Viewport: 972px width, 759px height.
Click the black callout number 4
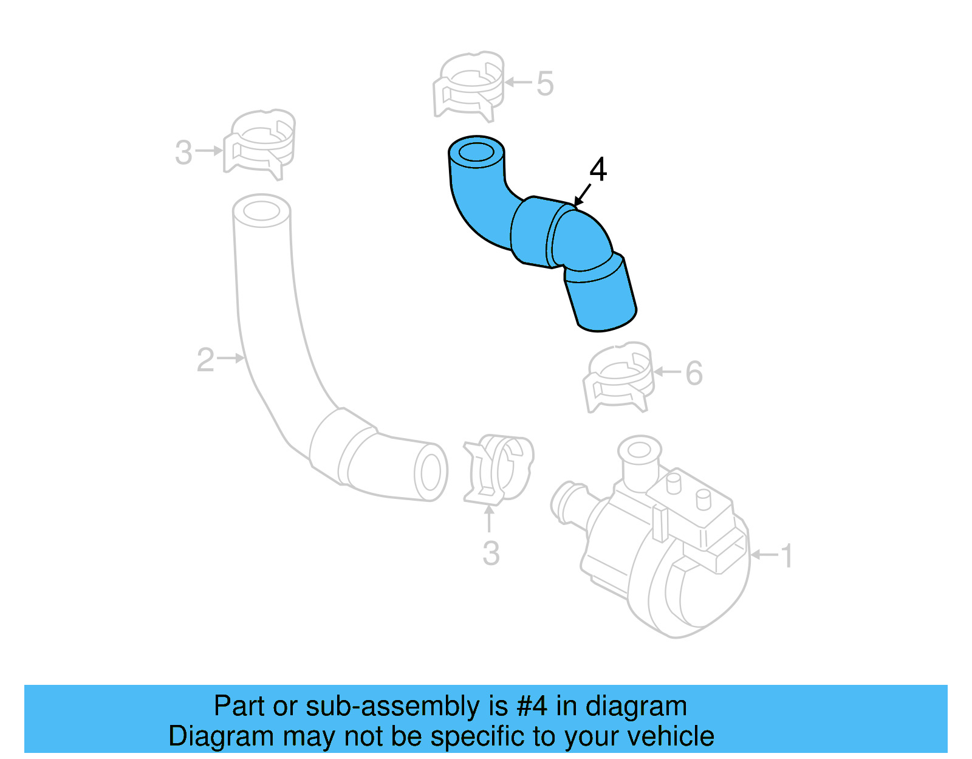point(598,170)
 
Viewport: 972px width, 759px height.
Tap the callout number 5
point(545,83)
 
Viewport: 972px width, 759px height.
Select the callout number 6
point(694,373)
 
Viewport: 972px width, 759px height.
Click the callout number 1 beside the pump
point(787,556)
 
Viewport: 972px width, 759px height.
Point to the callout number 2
point(205,360)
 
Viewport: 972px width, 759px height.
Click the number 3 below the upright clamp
point(491,554)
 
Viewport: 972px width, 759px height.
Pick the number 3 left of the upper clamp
point(183,152)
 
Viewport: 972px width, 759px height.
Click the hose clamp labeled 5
point(468,86)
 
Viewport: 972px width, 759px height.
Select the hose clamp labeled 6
point(618,377)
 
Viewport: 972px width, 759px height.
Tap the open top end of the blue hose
point(476,152)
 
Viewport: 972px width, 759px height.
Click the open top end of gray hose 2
point(261,211)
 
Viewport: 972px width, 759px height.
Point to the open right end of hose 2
point(430,472)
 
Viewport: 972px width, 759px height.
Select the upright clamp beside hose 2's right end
point(498,469)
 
